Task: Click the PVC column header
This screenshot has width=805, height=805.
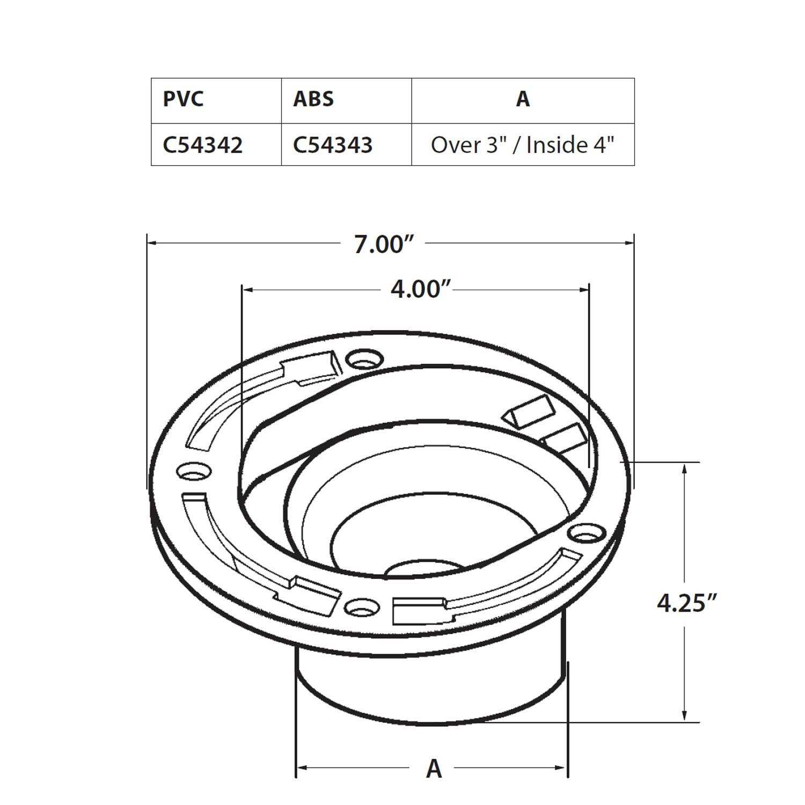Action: coord(183,99)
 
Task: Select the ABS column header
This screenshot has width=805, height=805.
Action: coord(313,99)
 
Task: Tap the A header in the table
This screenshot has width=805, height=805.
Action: coord(523,99)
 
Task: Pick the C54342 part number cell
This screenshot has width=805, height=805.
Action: coord(203,145)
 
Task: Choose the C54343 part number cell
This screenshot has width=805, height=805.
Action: coord(333,145)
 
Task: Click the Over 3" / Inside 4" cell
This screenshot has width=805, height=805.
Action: coord(522,145)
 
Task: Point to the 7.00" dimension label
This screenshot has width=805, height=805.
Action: coord(385,245)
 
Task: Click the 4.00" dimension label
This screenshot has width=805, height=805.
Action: coord(419,290)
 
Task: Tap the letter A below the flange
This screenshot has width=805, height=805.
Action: coord(434,769)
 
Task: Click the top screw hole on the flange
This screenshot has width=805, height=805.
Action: coord(364,358)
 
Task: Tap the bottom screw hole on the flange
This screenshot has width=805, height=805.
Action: coord(362,608)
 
